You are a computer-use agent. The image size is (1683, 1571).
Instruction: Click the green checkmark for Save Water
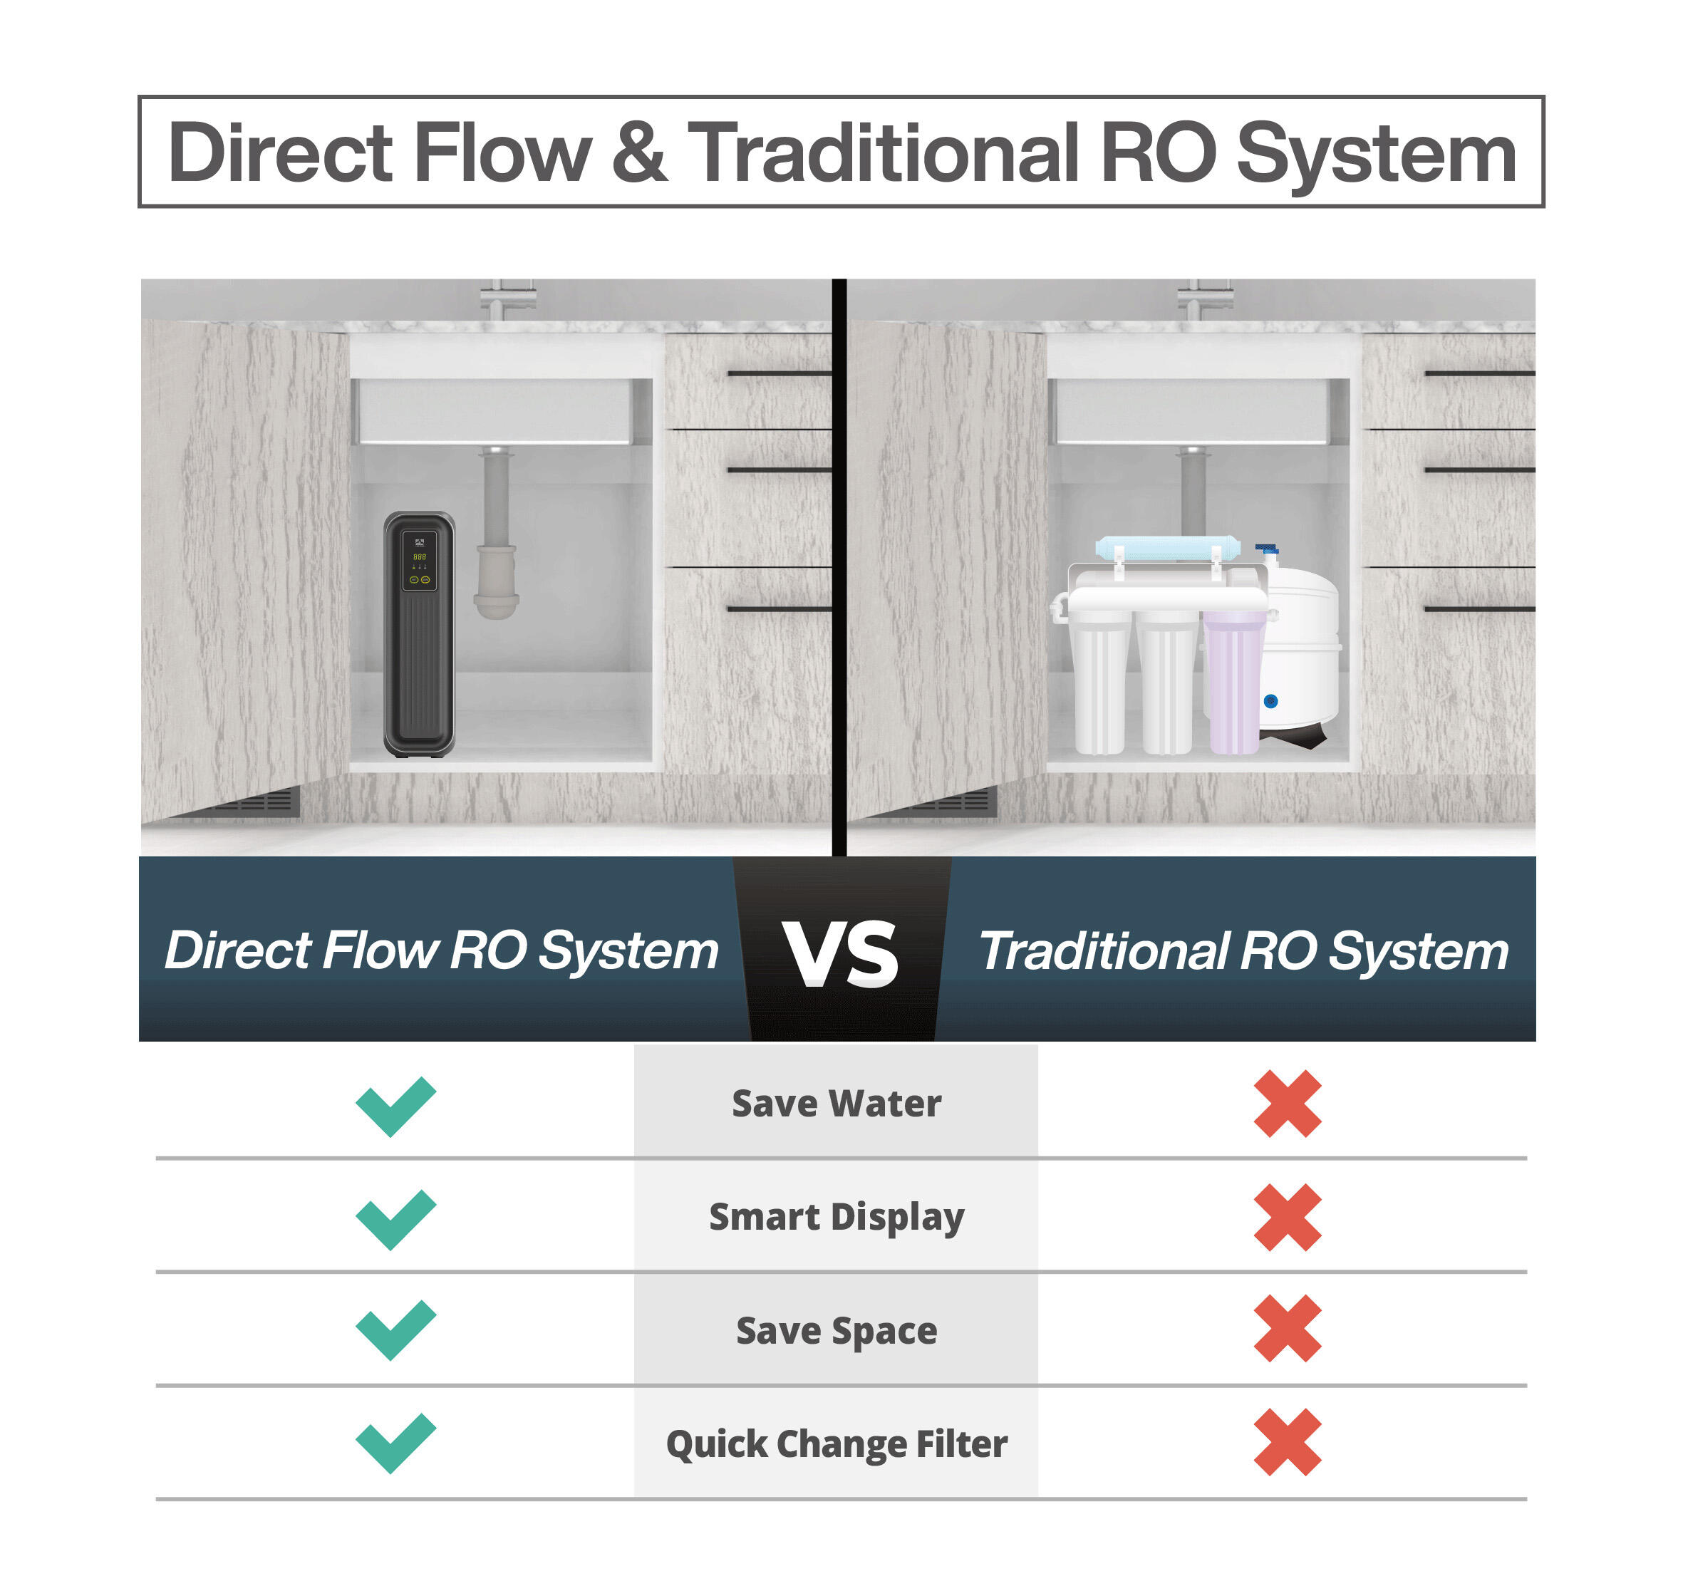[395, 1106]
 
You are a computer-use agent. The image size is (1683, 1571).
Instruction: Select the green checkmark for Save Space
[395, 1329]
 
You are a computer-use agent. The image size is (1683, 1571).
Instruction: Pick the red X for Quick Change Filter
[1287, 1442]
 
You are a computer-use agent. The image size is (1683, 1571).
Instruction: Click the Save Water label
[836, 1104]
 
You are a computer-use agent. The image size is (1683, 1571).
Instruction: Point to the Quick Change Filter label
[836, 1444]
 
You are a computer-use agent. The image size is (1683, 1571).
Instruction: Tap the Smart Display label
[836, 1217]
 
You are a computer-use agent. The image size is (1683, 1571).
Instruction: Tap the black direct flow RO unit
[419, 660]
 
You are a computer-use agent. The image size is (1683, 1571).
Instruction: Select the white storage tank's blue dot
[1270, 701]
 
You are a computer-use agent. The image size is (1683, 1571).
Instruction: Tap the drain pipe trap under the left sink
[496, 584]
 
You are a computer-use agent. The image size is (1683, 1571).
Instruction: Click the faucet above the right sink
[1204, 300]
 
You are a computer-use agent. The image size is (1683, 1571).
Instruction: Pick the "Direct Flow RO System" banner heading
[441, 950]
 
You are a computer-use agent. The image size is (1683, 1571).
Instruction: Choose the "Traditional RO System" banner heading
[1243, 950]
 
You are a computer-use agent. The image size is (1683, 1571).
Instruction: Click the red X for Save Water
[1287, 1104]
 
